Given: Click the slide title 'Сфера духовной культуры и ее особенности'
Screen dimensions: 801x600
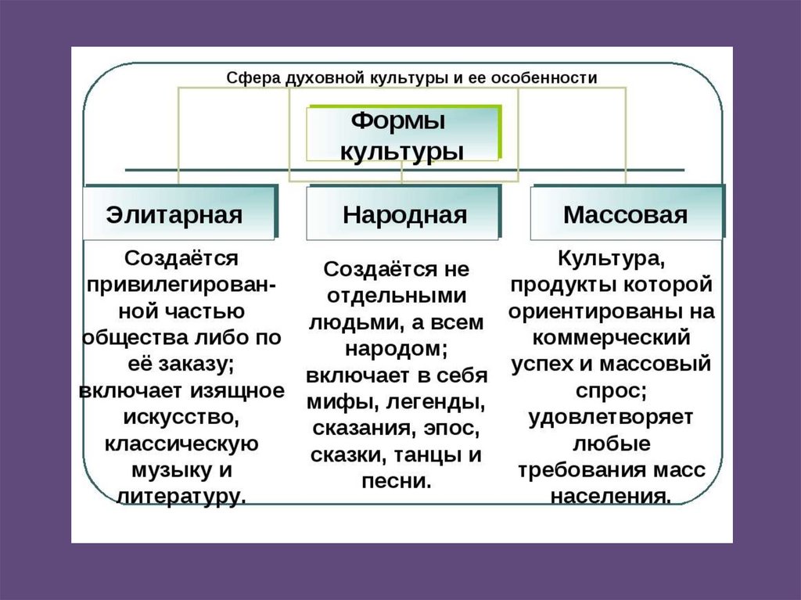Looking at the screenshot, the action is click(411, 78).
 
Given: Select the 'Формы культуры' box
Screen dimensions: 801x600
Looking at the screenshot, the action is click(403, 135).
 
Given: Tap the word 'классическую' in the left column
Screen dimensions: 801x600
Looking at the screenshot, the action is click(181, 443).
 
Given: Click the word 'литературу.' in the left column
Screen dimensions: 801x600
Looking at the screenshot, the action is click(181, 496).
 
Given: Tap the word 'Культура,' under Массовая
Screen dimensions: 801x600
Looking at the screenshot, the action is click(611, 258).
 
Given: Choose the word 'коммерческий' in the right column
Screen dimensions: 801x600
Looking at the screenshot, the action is click(611, 337).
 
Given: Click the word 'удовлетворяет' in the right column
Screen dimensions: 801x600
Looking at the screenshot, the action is click(611, 417).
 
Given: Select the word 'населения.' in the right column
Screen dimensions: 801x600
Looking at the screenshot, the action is click(611, 496).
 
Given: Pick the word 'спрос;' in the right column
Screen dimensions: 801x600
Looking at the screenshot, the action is click(611, 390).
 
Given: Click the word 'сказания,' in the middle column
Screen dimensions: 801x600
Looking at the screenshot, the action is click(358, 429).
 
